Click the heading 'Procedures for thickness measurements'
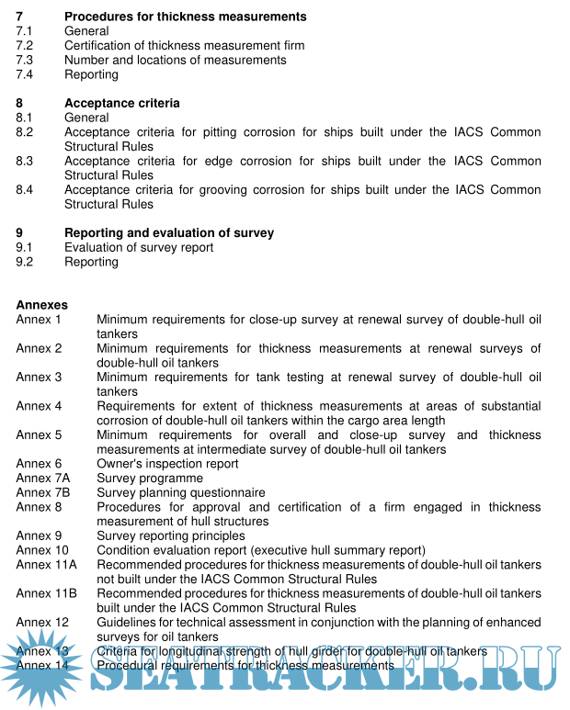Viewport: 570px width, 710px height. (186, 17)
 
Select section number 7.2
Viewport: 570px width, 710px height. (24, 45)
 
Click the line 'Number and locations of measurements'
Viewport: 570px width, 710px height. (175, 60)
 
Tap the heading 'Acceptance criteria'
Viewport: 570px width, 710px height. (122, 103)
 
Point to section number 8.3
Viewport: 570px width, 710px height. (24, 161)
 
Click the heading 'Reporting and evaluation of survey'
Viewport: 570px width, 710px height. (169, 233)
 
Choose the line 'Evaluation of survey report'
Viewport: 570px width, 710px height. (139, 247)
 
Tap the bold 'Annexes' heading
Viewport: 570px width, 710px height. (41, 305)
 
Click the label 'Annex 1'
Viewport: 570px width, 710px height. (39, 320)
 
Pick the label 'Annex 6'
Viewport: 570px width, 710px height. (39, 464)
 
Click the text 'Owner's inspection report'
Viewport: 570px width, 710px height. (167, 464)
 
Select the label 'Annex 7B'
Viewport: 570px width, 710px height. (42, 492)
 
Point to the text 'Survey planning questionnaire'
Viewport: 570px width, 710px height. (181, 492)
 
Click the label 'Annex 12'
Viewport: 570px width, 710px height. (42, 622)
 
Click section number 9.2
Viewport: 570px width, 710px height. (24, 262)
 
